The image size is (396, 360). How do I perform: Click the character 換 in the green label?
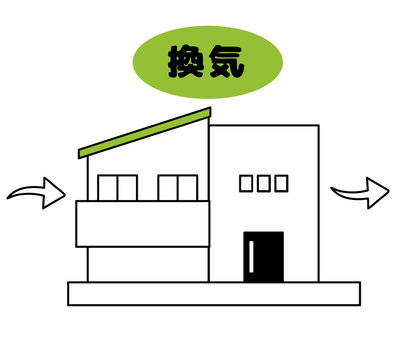click(183, 62)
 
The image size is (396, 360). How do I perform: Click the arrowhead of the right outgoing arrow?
click(378, 191)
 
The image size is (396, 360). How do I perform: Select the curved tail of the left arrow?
click(22, 194)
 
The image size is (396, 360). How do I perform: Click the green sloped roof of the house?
click(145, 133)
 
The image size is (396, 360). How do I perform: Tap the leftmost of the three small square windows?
click(247, 183)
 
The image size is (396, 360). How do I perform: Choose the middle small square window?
click(264, 183)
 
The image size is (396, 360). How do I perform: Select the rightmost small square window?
click(281, 183)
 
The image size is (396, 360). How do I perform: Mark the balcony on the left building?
click(142, 223)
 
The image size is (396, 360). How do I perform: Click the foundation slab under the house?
click(213, 293)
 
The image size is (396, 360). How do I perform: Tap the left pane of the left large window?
click(108, 188)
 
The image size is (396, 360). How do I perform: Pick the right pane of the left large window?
click(126, 188)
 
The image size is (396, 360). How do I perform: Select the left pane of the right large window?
click(168, 188)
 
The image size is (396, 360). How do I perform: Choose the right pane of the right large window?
click(187, 188)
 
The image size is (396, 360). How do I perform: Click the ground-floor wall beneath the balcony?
click(148, 264)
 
